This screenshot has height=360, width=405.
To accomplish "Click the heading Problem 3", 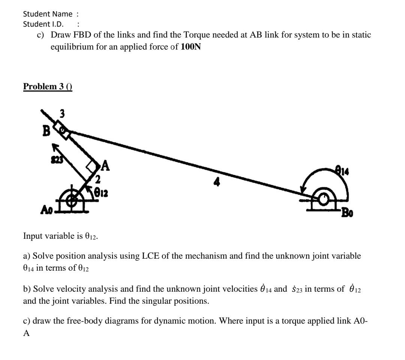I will point(48,87).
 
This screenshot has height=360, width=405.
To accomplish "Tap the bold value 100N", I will point(190,48).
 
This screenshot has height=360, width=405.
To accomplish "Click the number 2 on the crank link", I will point(98,178).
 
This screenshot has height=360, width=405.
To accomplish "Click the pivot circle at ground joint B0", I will point(322,199).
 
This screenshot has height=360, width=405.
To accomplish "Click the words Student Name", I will point(48,14).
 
